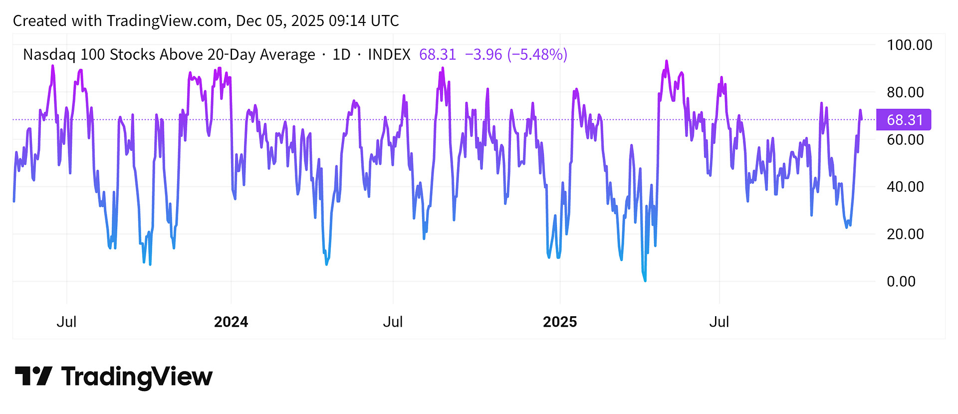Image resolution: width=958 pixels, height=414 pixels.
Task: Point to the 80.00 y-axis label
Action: click(905, 92)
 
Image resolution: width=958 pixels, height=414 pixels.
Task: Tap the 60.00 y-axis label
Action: click(905, 139)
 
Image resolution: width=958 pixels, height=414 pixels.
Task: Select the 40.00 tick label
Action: click(905, 187)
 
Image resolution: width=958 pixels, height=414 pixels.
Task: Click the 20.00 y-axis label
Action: click(905, 234)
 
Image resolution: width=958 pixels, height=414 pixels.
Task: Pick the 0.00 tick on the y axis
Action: click(901, 281)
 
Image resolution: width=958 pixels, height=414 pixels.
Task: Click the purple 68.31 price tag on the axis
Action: click(904, 120)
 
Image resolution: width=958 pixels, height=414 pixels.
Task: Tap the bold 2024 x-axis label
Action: click(231, 322)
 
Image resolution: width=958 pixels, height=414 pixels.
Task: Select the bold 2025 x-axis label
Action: click(560, 322)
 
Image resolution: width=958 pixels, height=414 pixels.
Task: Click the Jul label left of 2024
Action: click(66, 322)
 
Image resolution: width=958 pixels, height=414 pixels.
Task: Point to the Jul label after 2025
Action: click(719, 322)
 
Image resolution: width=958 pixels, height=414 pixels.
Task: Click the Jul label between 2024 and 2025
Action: click(393, 322)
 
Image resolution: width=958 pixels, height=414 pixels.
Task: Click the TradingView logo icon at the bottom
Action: click(33, 376)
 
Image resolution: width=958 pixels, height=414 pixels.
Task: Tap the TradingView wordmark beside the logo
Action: click(137, 377)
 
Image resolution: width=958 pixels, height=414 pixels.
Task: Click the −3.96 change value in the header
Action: click(483, 54)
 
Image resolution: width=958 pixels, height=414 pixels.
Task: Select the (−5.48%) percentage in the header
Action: click(537, 54)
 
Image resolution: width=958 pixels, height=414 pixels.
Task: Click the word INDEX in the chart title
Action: click(389, 54)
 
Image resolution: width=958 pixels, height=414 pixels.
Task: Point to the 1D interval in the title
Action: click(341, 54)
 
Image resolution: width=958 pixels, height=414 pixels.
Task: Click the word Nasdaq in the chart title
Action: click(49, 54)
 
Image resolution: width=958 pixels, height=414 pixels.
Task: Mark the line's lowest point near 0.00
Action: click(645, 281)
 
